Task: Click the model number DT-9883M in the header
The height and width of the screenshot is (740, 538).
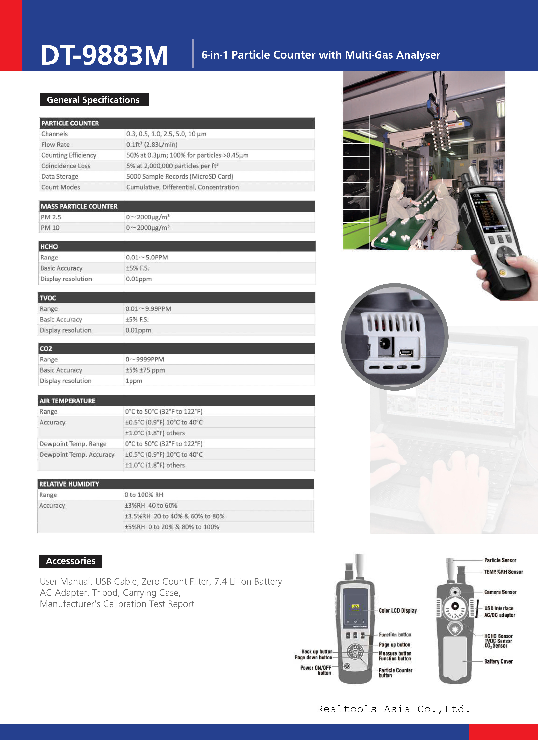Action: pos(104,55)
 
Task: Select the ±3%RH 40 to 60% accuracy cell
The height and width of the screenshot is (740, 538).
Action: pos(151,505)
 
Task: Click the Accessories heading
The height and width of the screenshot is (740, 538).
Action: pos(70,561)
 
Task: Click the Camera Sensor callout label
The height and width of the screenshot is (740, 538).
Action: pos(500,592)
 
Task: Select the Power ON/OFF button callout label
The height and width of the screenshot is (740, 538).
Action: pos(315,670)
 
